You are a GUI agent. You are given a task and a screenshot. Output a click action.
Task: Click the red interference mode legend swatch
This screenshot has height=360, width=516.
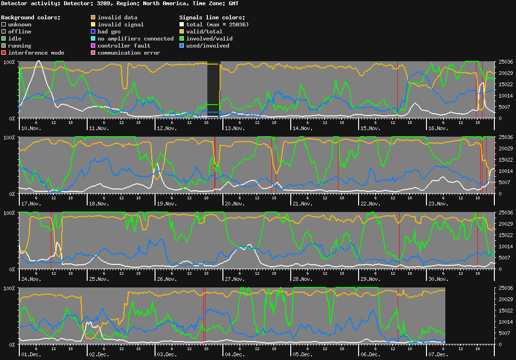click(4, 53)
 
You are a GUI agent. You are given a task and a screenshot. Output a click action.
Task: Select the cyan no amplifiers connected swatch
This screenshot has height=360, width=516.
click(93, 39)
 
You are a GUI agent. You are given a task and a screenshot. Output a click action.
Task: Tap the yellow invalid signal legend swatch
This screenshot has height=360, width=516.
click(93, 25)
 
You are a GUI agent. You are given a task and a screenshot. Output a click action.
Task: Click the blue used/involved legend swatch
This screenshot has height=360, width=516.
click(182, 46)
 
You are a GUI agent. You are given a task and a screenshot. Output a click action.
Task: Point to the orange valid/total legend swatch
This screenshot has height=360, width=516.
click(182, 32)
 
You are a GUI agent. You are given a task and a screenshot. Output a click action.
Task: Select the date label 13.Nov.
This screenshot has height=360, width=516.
click(234, 128)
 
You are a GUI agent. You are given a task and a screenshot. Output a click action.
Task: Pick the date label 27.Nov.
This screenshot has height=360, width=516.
click(234, 279)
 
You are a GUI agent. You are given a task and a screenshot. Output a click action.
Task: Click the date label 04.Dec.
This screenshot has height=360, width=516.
click(234, 354)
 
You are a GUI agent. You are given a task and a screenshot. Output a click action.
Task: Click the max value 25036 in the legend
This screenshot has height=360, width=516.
click(236, 25)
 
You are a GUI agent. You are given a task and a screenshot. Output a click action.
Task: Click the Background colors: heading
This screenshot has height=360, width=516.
click(31, 17)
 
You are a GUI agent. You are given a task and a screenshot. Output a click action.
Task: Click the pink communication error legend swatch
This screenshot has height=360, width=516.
click(93, 53)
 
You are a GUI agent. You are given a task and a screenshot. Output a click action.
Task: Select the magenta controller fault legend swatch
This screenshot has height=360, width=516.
click(93, 46)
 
